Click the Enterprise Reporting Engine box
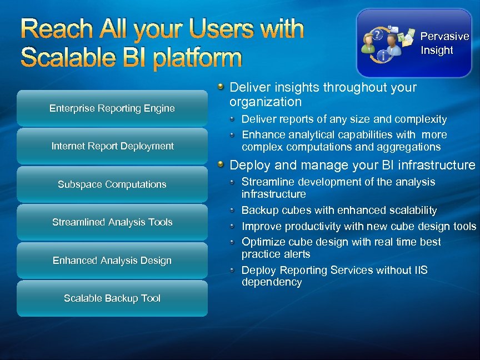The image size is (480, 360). click(x=112, y=108)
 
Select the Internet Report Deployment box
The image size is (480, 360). click(x=112, y=146)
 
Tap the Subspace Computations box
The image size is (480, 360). click(x=112, y=184)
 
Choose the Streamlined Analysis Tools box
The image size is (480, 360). click(x=112, y=222)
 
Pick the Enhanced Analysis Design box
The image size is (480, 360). click(x=112, y=261)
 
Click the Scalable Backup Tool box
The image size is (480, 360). click(x=112, y=298)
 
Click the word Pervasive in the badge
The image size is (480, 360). click(x=444, y=37)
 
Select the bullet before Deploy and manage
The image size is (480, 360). click(x=221, y=164)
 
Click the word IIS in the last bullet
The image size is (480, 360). click(x=421, y=270)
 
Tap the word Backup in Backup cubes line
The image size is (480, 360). click(x=259, y=211)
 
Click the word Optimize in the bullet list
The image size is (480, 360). click(x=262, y=242)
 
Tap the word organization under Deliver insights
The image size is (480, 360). click(x=266, y=102)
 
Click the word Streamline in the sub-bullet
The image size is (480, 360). click(x=266, y=182)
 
